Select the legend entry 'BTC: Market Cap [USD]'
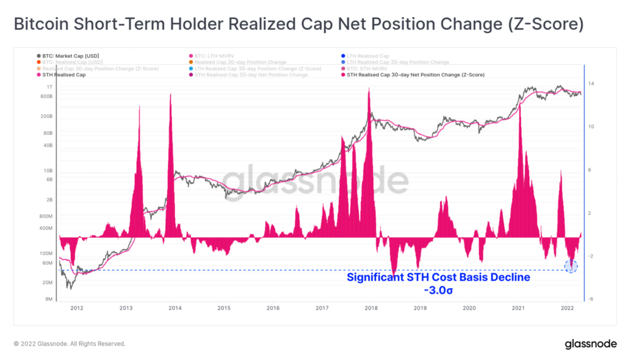68,56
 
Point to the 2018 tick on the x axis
371,309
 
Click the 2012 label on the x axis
77,309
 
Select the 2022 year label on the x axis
568,309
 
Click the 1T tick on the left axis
49,88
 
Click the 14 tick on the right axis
592,84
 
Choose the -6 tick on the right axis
592,299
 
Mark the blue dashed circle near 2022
571,266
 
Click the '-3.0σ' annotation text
438,290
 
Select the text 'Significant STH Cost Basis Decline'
438,278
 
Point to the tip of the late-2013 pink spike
170,93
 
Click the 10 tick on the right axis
592,127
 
